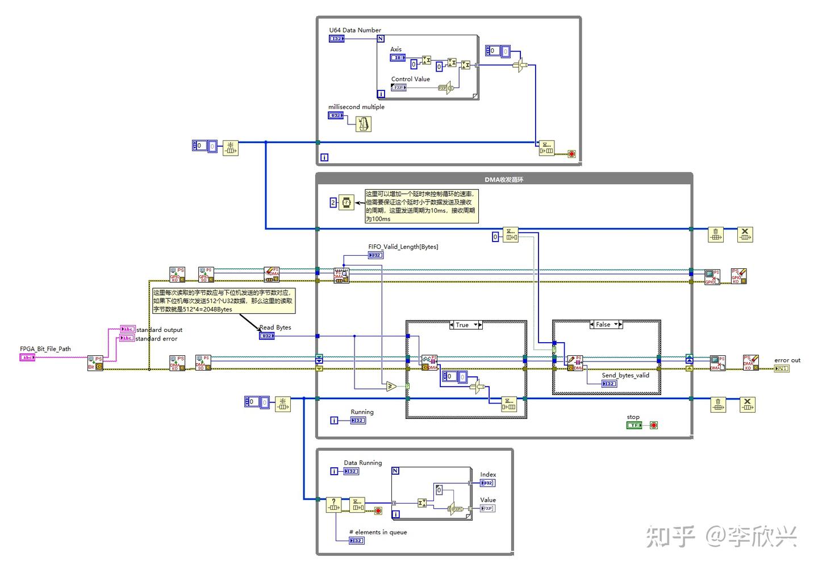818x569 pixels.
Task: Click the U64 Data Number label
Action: click(x=355, y=30)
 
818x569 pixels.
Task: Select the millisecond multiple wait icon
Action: click(x=363, y=123)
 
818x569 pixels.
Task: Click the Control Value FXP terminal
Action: click(x=399, y=88)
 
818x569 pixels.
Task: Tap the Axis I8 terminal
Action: click(x=398, y=57)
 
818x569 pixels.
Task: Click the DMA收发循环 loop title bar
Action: click(x=504, y=180)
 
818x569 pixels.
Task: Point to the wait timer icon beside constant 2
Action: click(x=346, y=202)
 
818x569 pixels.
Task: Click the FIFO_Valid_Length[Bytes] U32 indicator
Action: click(x=375, y=255)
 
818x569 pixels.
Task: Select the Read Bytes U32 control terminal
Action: click(x=266, y=336)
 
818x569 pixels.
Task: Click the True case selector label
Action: click(x=462, y=325)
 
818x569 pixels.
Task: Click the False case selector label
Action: click(x=603, y=325)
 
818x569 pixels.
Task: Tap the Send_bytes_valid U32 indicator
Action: click(x=609, y=384)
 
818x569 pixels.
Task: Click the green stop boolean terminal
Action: click(x=634, y=425)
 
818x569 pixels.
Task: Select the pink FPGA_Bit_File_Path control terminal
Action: click(x=27, y=358)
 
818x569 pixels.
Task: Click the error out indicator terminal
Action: click(x=782, y=368)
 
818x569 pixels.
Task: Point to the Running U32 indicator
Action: click(x=358, y=421)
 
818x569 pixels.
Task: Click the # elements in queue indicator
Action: click(x=356, y=541)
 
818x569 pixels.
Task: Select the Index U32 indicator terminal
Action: click(x=487, y=483)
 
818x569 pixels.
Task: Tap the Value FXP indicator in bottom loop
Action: click(x=487, y=508)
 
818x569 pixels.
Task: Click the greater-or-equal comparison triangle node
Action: click(x=390, y=387)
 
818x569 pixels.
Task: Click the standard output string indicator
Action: click(x=128, y=329)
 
